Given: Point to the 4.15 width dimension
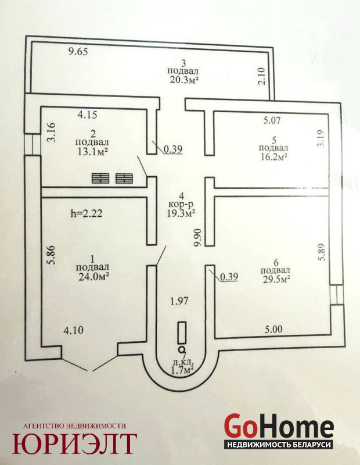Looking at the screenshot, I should [x=87, y=115].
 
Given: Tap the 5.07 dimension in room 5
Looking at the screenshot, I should [x=272, y=121].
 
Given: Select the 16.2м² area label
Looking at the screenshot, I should [x=274, y=156].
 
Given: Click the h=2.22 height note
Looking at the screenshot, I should [x=86, y=214].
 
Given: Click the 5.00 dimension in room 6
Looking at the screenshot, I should [x=273, y=329].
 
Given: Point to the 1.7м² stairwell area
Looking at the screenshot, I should [x=183, y=367].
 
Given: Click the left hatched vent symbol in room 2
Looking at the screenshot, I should [x=100, y=178].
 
